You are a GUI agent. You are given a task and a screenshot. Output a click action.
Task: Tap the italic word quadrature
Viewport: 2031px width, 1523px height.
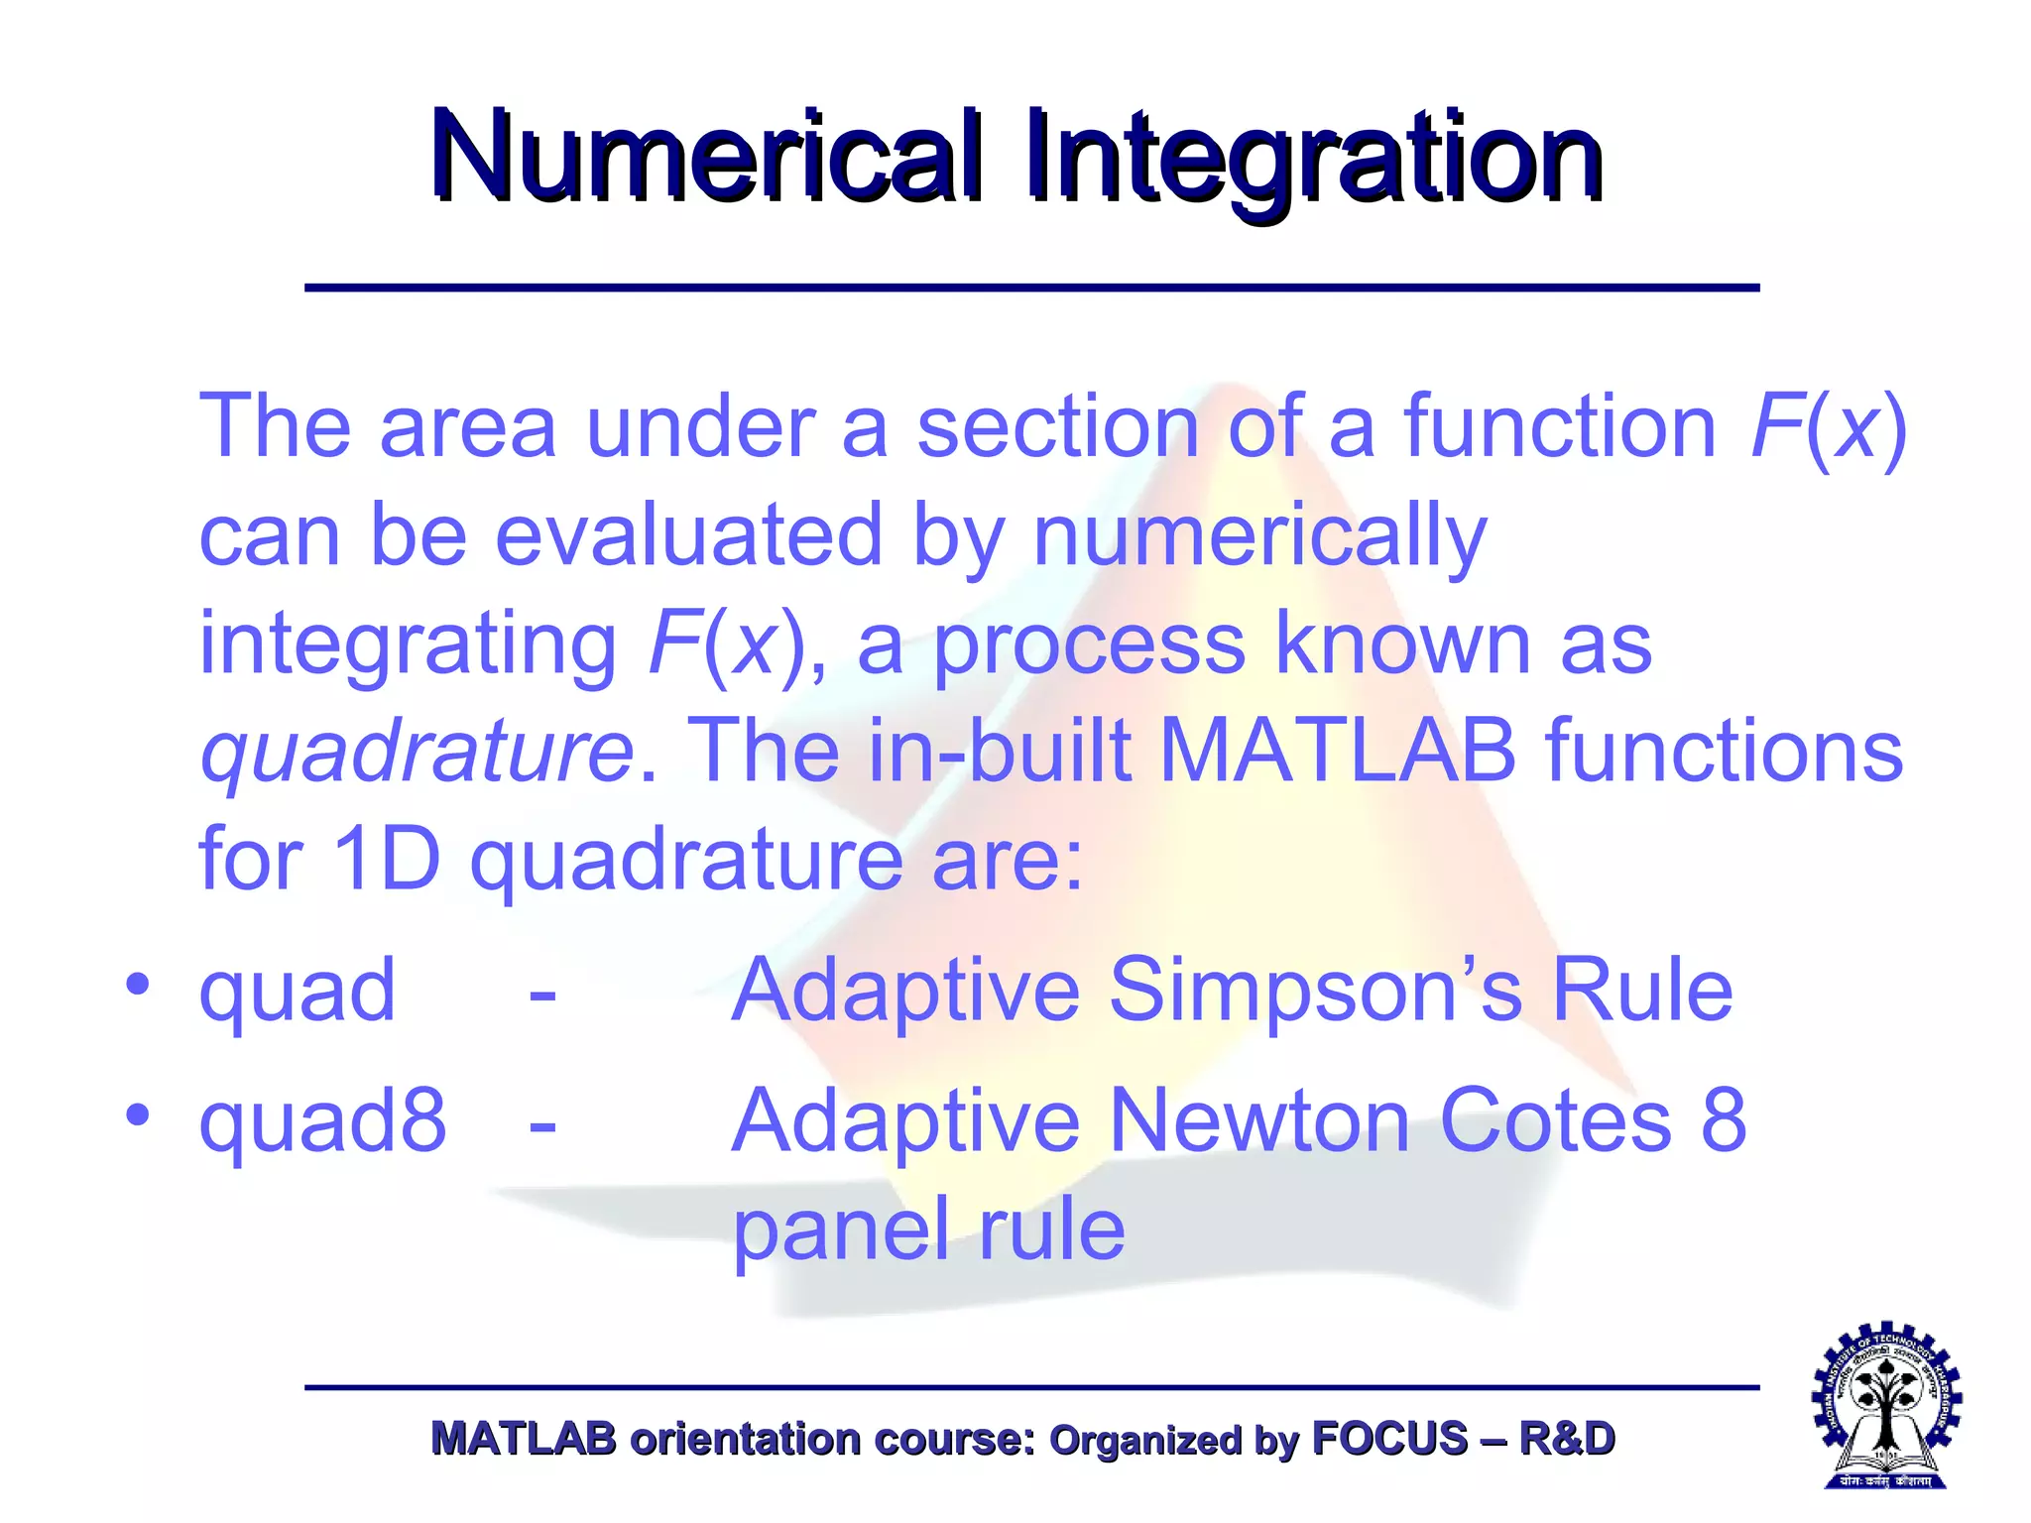tap(417, 752)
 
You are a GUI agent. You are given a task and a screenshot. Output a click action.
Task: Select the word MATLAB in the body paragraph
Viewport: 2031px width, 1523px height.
tap(1337, 750)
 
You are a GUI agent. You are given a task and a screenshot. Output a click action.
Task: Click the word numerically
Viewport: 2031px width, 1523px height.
tap(1259, 536)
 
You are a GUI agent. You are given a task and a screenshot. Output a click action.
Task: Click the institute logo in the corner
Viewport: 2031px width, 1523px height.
tap(1886, 1405)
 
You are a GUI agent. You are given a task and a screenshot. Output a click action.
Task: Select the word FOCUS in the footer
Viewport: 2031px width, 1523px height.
tap(1388, 1439)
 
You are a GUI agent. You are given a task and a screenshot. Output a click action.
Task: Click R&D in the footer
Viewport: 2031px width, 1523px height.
tap(1566, 1439)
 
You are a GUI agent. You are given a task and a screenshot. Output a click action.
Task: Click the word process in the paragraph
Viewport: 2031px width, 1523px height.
tap(1089, 644)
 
